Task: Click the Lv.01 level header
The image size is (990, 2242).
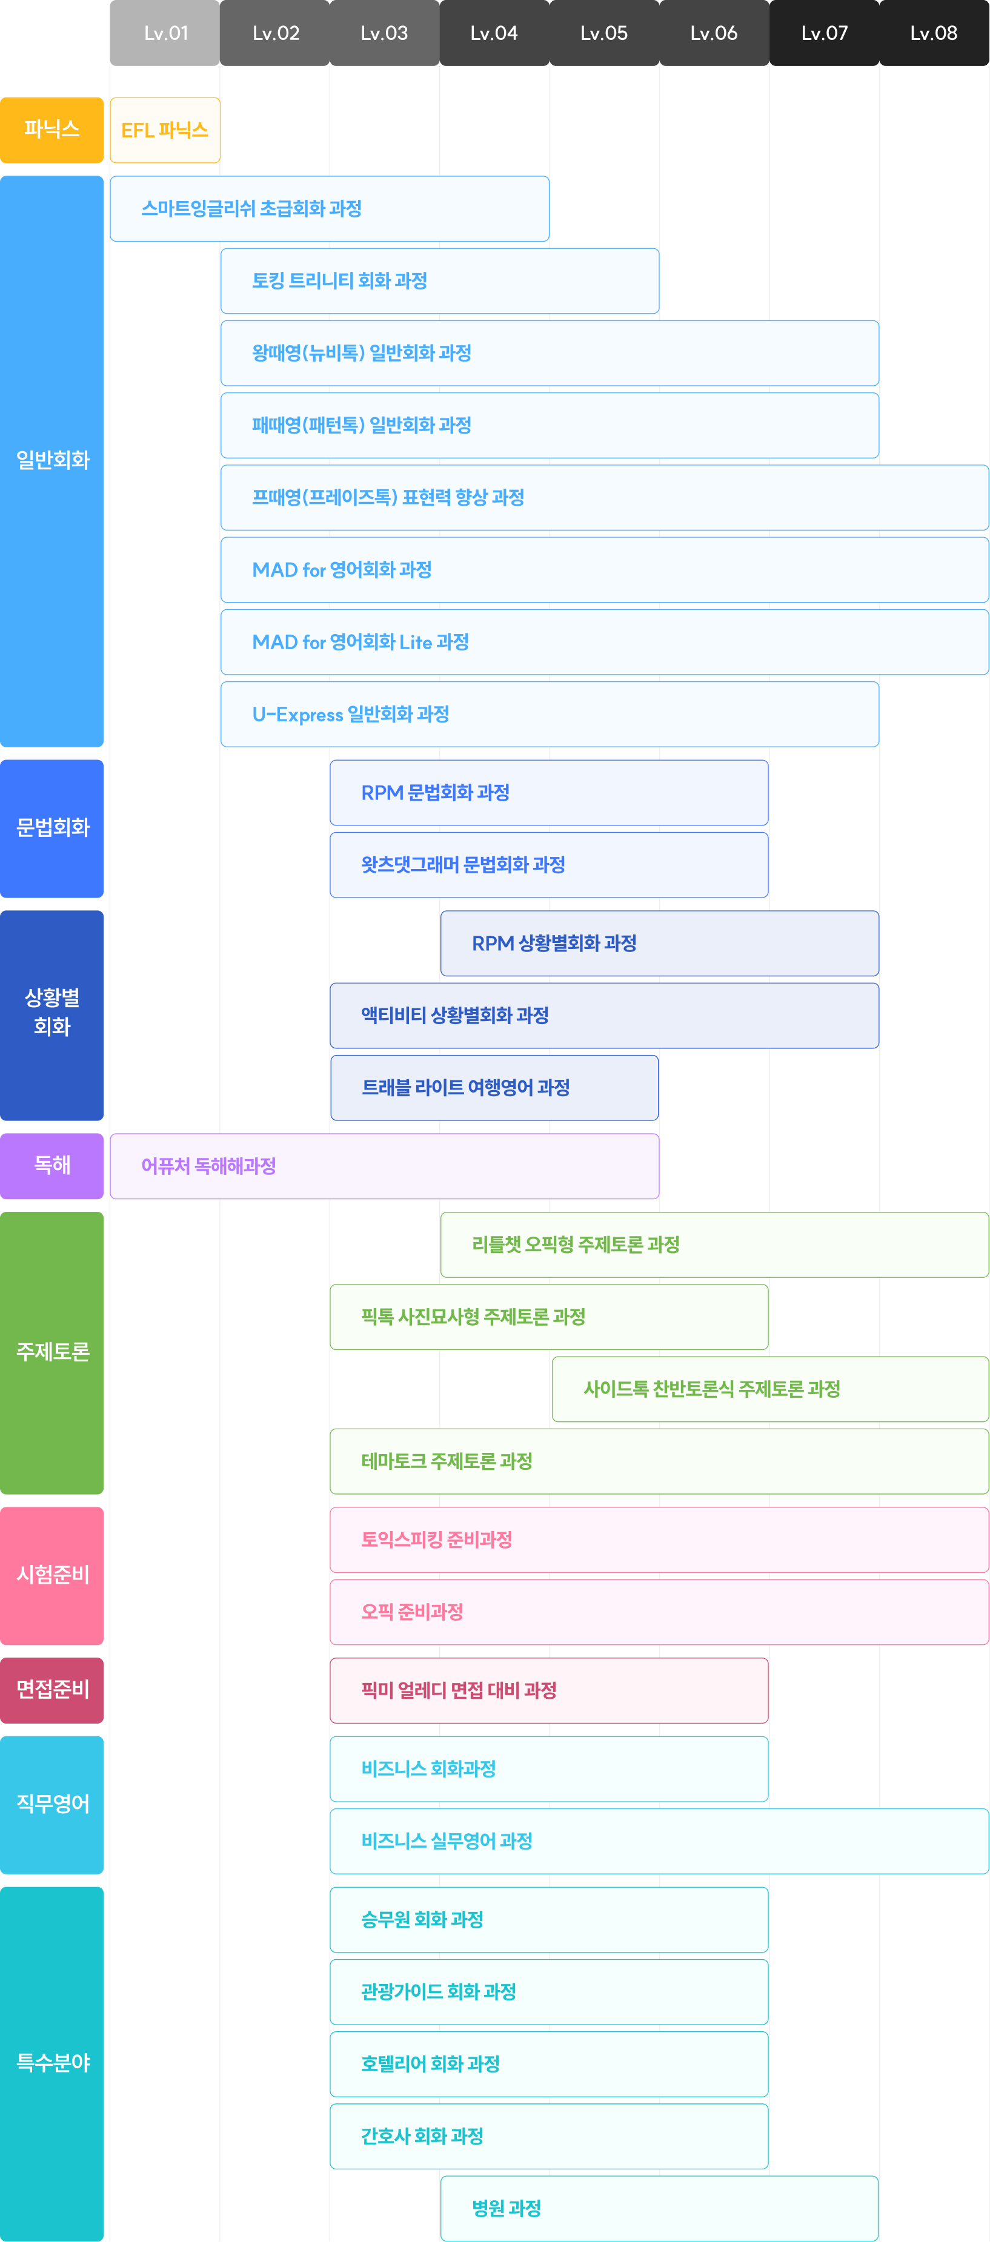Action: pyautogui.click(x=165, y=33)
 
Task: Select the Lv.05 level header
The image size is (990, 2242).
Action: pyautogui.click(x=604, y=33)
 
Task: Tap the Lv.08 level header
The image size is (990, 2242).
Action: pyautogui.click(x=934, y=33)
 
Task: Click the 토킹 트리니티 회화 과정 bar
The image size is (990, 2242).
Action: pyautogui.click(x=440, y=281)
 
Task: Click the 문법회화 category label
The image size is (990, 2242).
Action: pyautogui.click(x=52, y=828)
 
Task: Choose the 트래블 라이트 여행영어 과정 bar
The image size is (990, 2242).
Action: pyautogui.click(x=494, y=1088)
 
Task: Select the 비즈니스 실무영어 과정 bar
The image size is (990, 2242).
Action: pyautogui.click(x=660, y=1840)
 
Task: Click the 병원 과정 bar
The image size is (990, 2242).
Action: pyautogui.click(x=660, y=2208)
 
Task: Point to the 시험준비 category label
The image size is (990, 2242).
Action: pyautogui.click(x=52, y=1575)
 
